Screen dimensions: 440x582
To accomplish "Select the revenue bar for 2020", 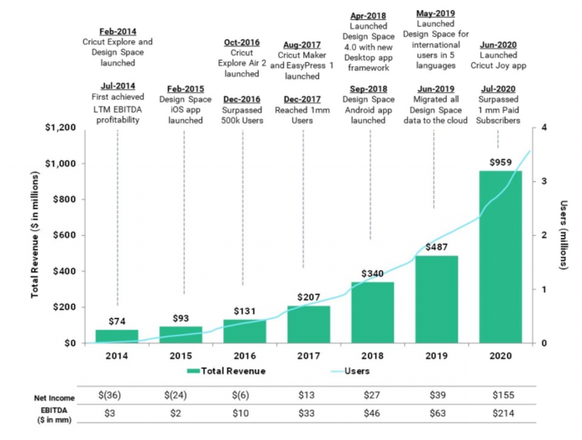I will [501, 257].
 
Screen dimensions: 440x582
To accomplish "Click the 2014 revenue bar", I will [116, 336].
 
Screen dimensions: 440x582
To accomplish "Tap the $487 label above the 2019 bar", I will [436, 247].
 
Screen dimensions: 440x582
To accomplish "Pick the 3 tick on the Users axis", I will [547, 181].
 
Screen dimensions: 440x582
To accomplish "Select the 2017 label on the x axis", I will [308, 356].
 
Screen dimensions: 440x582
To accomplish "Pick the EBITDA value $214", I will [501, 413].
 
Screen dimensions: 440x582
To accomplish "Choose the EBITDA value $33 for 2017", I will [308, 413].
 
